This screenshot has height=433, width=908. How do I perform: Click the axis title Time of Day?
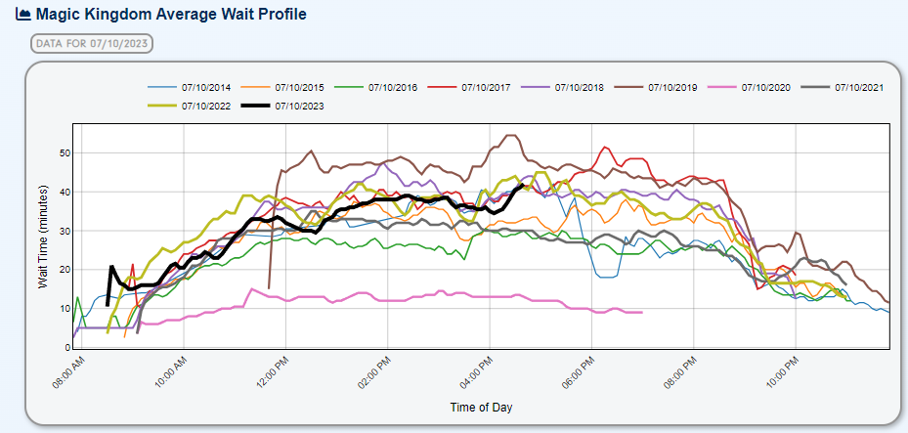[481, 407]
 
